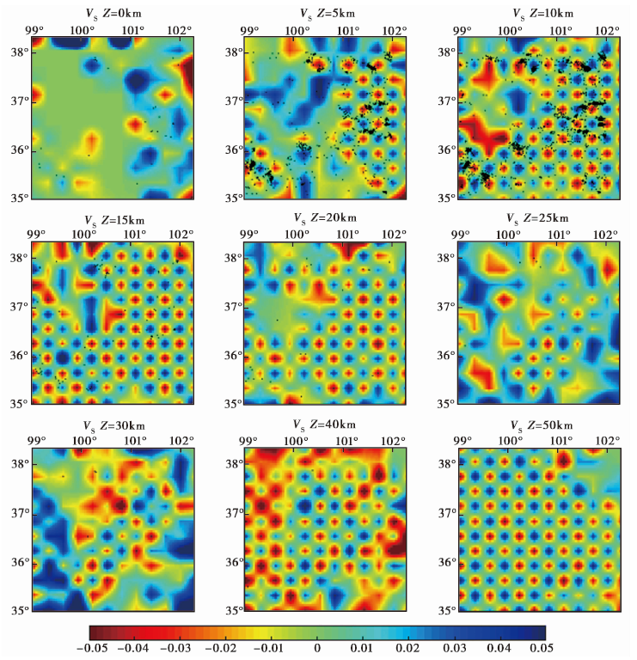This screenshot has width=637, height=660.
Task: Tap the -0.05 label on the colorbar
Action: (101, 648)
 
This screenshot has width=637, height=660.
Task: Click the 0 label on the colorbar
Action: (317, 648)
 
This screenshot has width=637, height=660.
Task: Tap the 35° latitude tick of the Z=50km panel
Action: (445, 610)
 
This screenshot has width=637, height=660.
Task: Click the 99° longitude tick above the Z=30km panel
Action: (37, 441)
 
